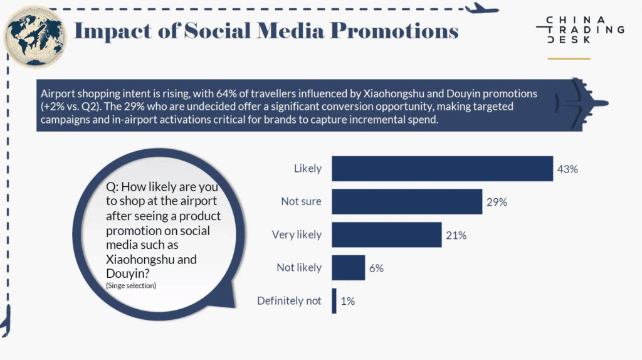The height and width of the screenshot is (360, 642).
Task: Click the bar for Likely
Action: [442, 169]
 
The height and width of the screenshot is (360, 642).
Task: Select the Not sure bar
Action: [407, 202]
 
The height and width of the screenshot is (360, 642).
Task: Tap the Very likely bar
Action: [386, 235]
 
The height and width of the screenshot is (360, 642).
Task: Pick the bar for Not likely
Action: [348, 268]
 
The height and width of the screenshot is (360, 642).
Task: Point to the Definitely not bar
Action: [334, 301]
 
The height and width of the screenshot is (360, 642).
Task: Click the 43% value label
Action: [568, 169]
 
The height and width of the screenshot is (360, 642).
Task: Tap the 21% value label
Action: [456, 235]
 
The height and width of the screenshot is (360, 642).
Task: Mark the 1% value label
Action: [348, 301]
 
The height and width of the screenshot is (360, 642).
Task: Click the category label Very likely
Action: [297, 235]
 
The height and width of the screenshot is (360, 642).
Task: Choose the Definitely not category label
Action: [289, 301]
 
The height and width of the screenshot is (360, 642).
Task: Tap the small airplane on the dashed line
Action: [482, 8]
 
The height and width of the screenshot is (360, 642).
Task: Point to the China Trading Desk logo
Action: [580, 29]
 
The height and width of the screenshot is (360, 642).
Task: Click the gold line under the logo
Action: [569, 59]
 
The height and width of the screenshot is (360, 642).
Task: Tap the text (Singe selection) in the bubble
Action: [131, 285]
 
